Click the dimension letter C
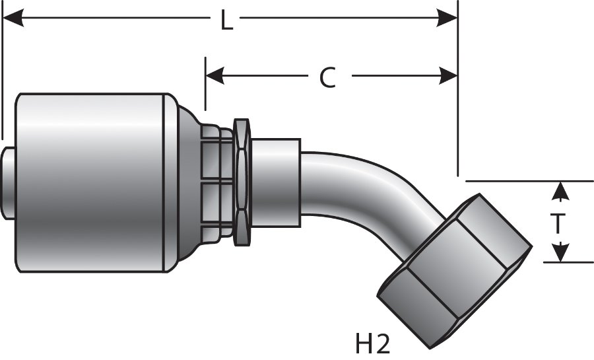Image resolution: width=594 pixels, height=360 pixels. pyautogui.click(x=328, y=77)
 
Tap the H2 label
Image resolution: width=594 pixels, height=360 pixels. pyautogui.click(x=374, y=344)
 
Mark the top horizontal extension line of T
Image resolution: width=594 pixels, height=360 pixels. pyautogui.click(x=528, y=180)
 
